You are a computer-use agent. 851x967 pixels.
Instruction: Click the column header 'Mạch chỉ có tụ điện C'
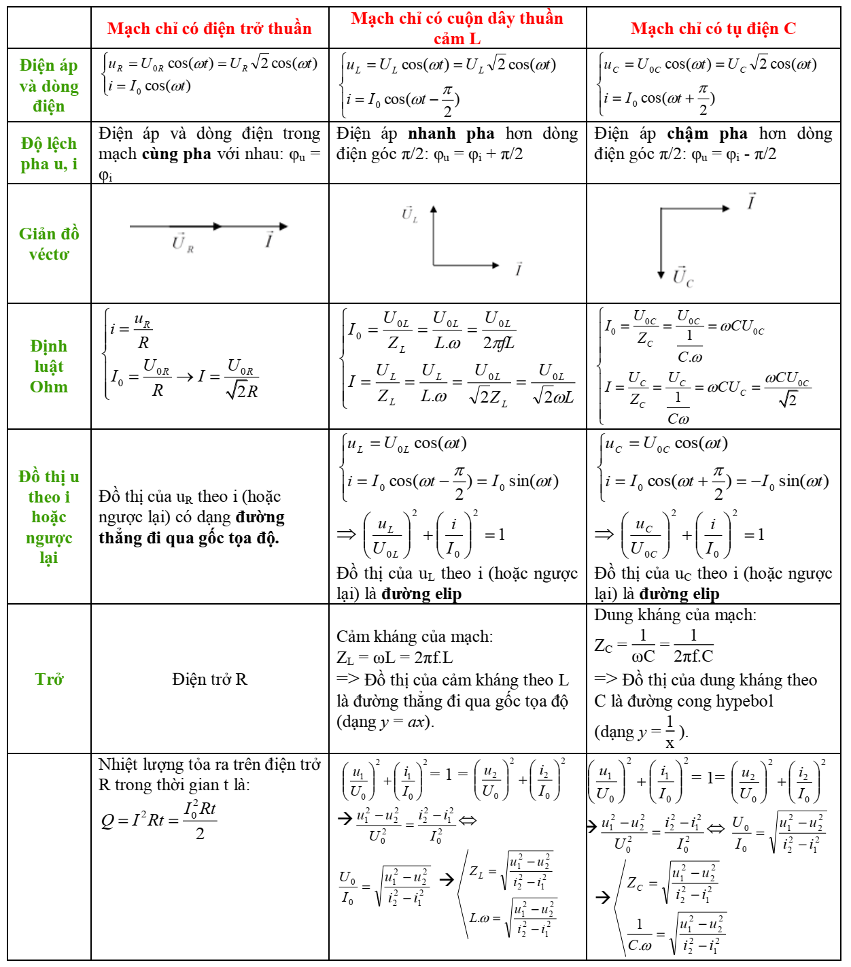point(713,29)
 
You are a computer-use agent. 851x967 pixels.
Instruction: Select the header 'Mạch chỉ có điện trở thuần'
point(209,29)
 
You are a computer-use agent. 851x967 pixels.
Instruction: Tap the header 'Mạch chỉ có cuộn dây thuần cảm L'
point(457,29)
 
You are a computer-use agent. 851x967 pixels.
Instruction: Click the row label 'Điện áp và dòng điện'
point(49,86)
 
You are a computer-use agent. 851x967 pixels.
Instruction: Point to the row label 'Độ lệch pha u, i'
point(49,154)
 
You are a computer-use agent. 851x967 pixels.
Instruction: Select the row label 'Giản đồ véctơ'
point(49,243)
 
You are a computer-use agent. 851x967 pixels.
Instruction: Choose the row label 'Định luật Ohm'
point(49,367)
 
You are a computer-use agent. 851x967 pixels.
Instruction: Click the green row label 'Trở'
point(49,679)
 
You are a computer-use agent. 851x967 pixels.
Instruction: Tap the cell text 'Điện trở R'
point(209,679)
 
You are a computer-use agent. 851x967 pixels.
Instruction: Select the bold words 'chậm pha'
point(707,134)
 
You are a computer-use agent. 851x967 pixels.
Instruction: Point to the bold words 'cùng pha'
point(176,154)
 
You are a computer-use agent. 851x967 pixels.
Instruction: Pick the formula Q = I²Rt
point(158,819)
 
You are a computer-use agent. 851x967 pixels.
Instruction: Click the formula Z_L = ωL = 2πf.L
point(394,658)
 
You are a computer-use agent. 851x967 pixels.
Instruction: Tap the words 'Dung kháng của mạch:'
point(675,615)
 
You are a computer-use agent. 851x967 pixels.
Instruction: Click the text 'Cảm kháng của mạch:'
point(415,637)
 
